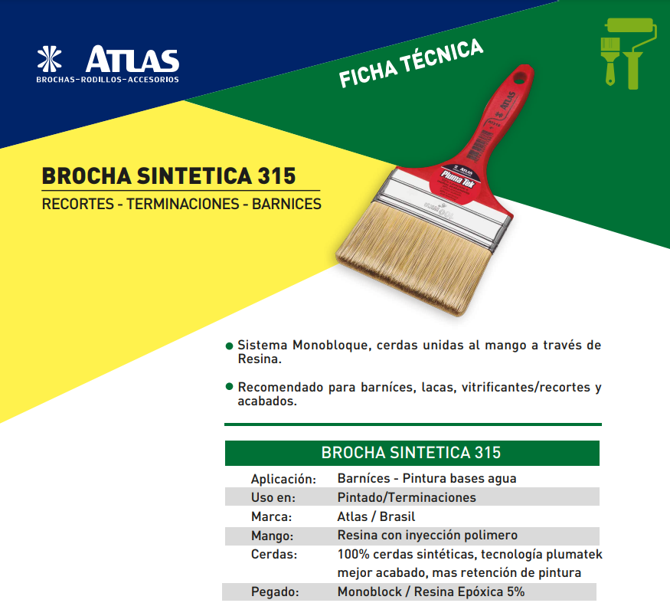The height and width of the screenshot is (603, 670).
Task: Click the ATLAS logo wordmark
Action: pyautogui.click(x=132, y=60)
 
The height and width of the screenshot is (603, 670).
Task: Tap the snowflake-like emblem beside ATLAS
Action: pyautogui.click(x=52, y=61)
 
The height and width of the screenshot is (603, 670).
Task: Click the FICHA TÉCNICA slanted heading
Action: pyautogui.click(x=411, y=63)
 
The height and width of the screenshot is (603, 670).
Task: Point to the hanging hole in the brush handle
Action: pyautogui.click(x=521, y=77)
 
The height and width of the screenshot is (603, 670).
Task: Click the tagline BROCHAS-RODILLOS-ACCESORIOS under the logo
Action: pyautogui.click(x=107, y=80)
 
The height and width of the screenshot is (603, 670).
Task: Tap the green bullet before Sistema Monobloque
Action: pyautogui.click(x=229, y=346)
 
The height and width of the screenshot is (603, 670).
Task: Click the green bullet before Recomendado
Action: pyautogui.click(x=229, y=387)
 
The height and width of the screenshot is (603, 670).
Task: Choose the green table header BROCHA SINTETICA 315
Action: pyautogui.click(x=411, y=452)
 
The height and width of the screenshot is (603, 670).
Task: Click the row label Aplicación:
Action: pyautogui.click(x=283, y=479)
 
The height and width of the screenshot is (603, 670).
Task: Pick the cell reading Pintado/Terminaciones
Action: pyautogui.click(x=407, y=497)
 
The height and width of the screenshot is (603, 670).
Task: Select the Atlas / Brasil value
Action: pyautogui.click(x=376, y=516)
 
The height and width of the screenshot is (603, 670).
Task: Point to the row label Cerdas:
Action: pyautogui.click(x=274, y=554)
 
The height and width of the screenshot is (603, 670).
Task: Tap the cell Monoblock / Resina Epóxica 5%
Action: pyautogui.click(x=431, y=592)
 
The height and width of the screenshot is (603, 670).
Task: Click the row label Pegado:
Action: pyautogui.click(x=274, y=592)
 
